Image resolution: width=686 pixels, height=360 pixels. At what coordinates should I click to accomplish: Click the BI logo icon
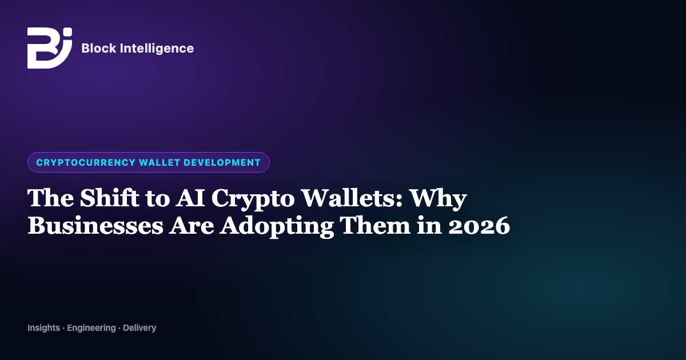pyautogui.click(x=50, y=48)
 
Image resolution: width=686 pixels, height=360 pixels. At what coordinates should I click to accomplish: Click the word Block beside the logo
pyautogui.click(x=99, y=48)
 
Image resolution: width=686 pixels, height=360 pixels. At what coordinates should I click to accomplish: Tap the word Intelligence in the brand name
pyautogui.click(x=157, y=49)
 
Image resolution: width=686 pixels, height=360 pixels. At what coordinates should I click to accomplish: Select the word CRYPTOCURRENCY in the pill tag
pyautogui.click(x=86, y=162)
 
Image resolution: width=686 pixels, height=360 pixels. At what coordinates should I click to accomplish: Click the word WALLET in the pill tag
pyautogui.click(x=159, y=162)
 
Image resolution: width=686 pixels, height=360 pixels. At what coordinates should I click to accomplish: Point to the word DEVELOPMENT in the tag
pyautogui.click(x=222, y=162)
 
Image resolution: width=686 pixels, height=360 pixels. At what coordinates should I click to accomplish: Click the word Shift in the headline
pyautogui.click(x=110, y=198)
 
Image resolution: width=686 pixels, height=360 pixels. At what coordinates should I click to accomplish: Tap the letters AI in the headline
pyautogui.click(x=190, y=198)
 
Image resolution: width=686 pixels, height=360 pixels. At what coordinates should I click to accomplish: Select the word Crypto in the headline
pyautogui.click(x=253, y=199)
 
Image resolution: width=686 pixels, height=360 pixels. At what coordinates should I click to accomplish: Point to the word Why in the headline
pyautogui.click(x=438, y=199)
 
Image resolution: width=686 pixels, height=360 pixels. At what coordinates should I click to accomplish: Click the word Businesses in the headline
pyautogui.click(x=95, y=225)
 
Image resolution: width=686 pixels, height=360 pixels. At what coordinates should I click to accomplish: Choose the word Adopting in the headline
pyautogui.click(x=277, y=227)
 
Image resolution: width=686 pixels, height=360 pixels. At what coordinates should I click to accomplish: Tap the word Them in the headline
pyautogui.click(x=375, y=225)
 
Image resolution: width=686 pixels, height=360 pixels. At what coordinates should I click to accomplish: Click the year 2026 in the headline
pyautogui.click(x=479, y=226)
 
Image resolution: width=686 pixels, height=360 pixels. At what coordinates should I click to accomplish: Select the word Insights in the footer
pyautogui.click(x=44, y=328)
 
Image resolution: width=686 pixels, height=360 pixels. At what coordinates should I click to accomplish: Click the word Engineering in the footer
pyautogui.click(x=91, y=328)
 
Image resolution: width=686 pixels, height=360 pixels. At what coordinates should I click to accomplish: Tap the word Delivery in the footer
pyautogui.click(x=139, y=328)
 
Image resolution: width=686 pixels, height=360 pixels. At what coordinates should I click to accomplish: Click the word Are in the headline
pyautogui.click(x=192, y=226)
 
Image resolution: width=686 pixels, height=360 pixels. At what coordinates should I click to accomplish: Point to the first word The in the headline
pyautogui.click(x=50, y=198)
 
